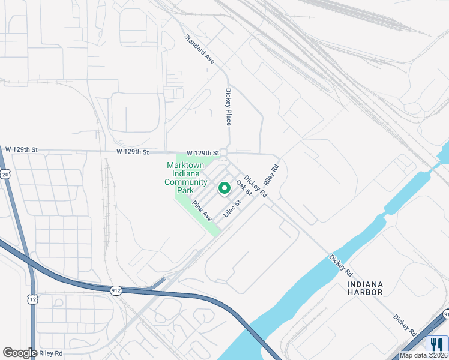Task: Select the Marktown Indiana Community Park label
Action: pyautogui.click(x=185, y=178)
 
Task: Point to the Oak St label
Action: pyautogui.click(x=243, y=187)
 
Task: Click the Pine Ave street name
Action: pyautogui.click(x=202, y=211)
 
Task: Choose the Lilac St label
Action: pyautogui.click(x=232, y=208)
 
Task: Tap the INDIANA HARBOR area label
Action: pyautogui.click(x=364, y=288)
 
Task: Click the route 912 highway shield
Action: pyautogui.click(x=116, y=290)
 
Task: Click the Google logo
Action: pyautogui.click(x=20, y=353)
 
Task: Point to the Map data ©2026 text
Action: pyautogui.click(x=424, y=355)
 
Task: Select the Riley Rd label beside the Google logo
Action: pyautogui.click(x=52, y=353)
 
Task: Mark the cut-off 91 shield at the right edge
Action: pyautogui.click(x=445, y=314)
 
